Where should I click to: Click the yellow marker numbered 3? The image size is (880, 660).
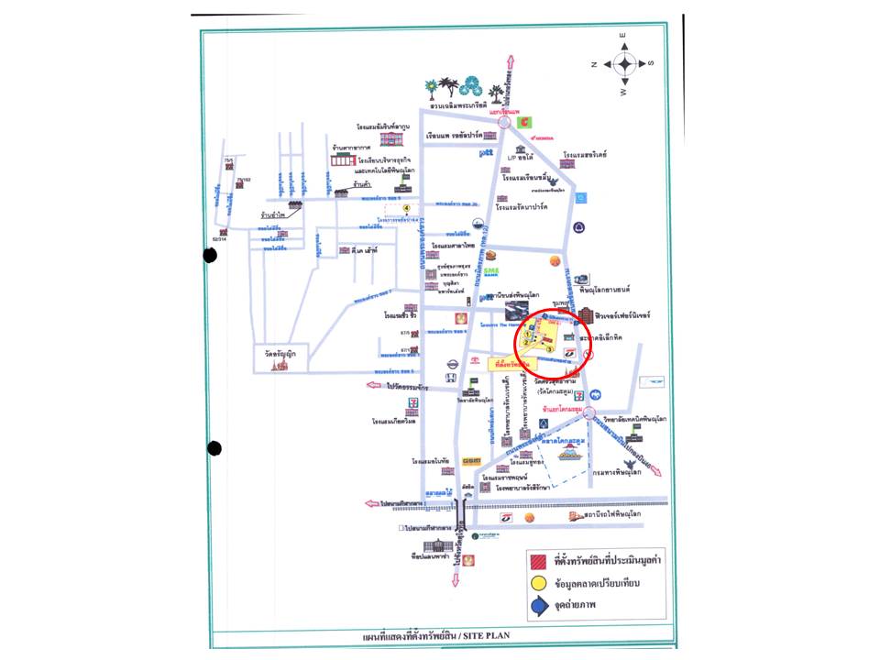pos(548,349)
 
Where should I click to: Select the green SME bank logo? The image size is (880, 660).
pos(491,272)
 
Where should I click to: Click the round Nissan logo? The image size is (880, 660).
pos(451,364)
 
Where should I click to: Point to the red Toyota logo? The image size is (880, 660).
pos(476,364)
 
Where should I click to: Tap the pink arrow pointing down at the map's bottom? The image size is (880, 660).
pos(456,578)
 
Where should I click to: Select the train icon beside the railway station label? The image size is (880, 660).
pos(576,516)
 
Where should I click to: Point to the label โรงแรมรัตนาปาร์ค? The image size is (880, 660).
pos(522,207)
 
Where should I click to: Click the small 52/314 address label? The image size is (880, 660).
pos(219,238)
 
